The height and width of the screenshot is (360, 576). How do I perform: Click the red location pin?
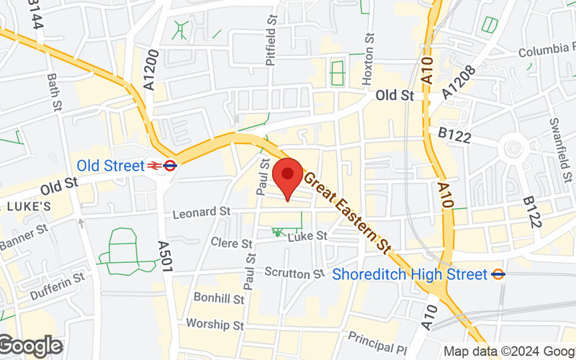[x=288, y=175]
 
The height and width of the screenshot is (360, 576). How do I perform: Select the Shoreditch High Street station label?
[x=410, y=274]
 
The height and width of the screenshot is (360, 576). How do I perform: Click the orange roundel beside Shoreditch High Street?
[x=498, y=274]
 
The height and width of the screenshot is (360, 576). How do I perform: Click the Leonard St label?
[x=201, y=212]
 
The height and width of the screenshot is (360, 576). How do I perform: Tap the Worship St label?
[x=215, y=325]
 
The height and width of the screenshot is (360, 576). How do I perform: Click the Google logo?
[x=32, y=346]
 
